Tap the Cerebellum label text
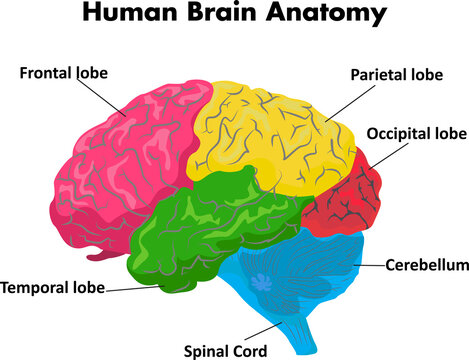[x=428, y=265]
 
